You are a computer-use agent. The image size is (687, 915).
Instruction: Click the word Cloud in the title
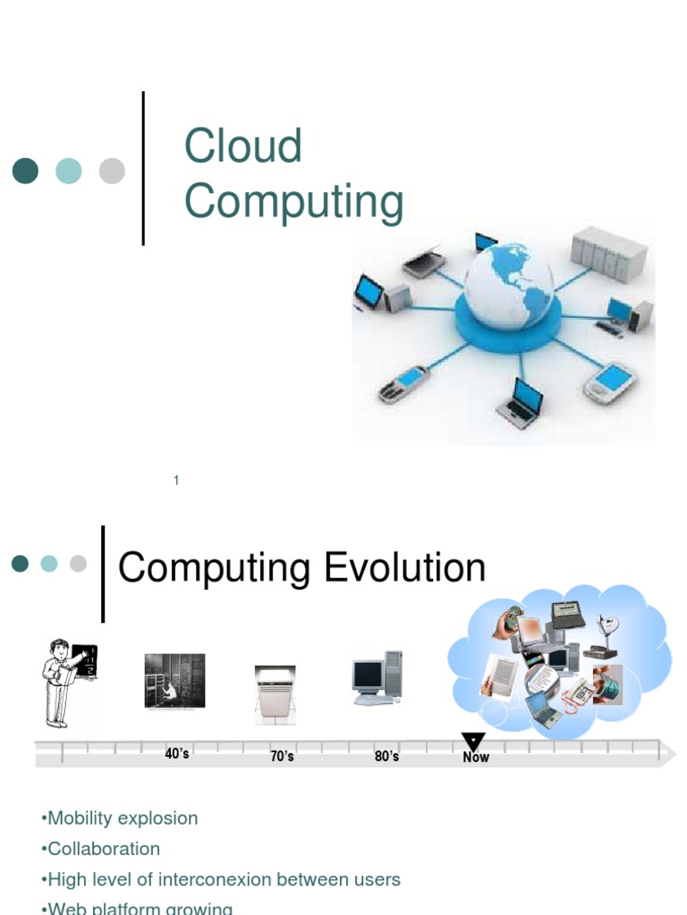242,147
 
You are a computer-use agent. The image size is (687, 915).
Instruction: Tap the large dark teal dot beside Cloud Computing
25,171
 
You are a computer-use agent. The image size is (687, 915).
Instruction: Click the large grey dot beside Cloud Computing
112,171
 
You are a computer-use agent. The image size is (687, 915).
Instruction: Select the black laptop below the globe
521,402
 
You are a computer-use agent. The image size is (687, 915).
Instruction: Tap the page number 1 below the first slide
176,481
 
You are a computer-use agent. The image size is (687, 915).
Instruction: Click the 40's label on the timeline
177,754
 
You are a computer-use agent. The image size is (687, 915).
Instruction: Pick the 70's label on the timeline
282,757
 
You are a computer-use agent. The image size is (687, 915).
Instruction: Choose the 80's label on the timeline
386,757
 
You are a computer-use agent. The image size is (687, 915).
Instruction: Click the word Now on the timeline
476,758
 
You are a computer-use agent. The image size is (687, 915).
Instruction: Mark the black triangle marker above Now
473,742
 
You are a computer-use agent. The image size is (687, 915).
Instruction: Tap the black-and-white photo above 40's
174,681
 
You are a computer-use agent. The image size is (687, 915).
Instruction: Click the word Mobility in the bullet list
83,818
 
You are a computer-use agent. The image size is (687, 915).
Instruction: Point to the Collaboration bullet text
104,849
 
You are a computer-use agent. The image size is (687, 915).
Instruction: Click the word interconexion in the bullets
220,879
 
